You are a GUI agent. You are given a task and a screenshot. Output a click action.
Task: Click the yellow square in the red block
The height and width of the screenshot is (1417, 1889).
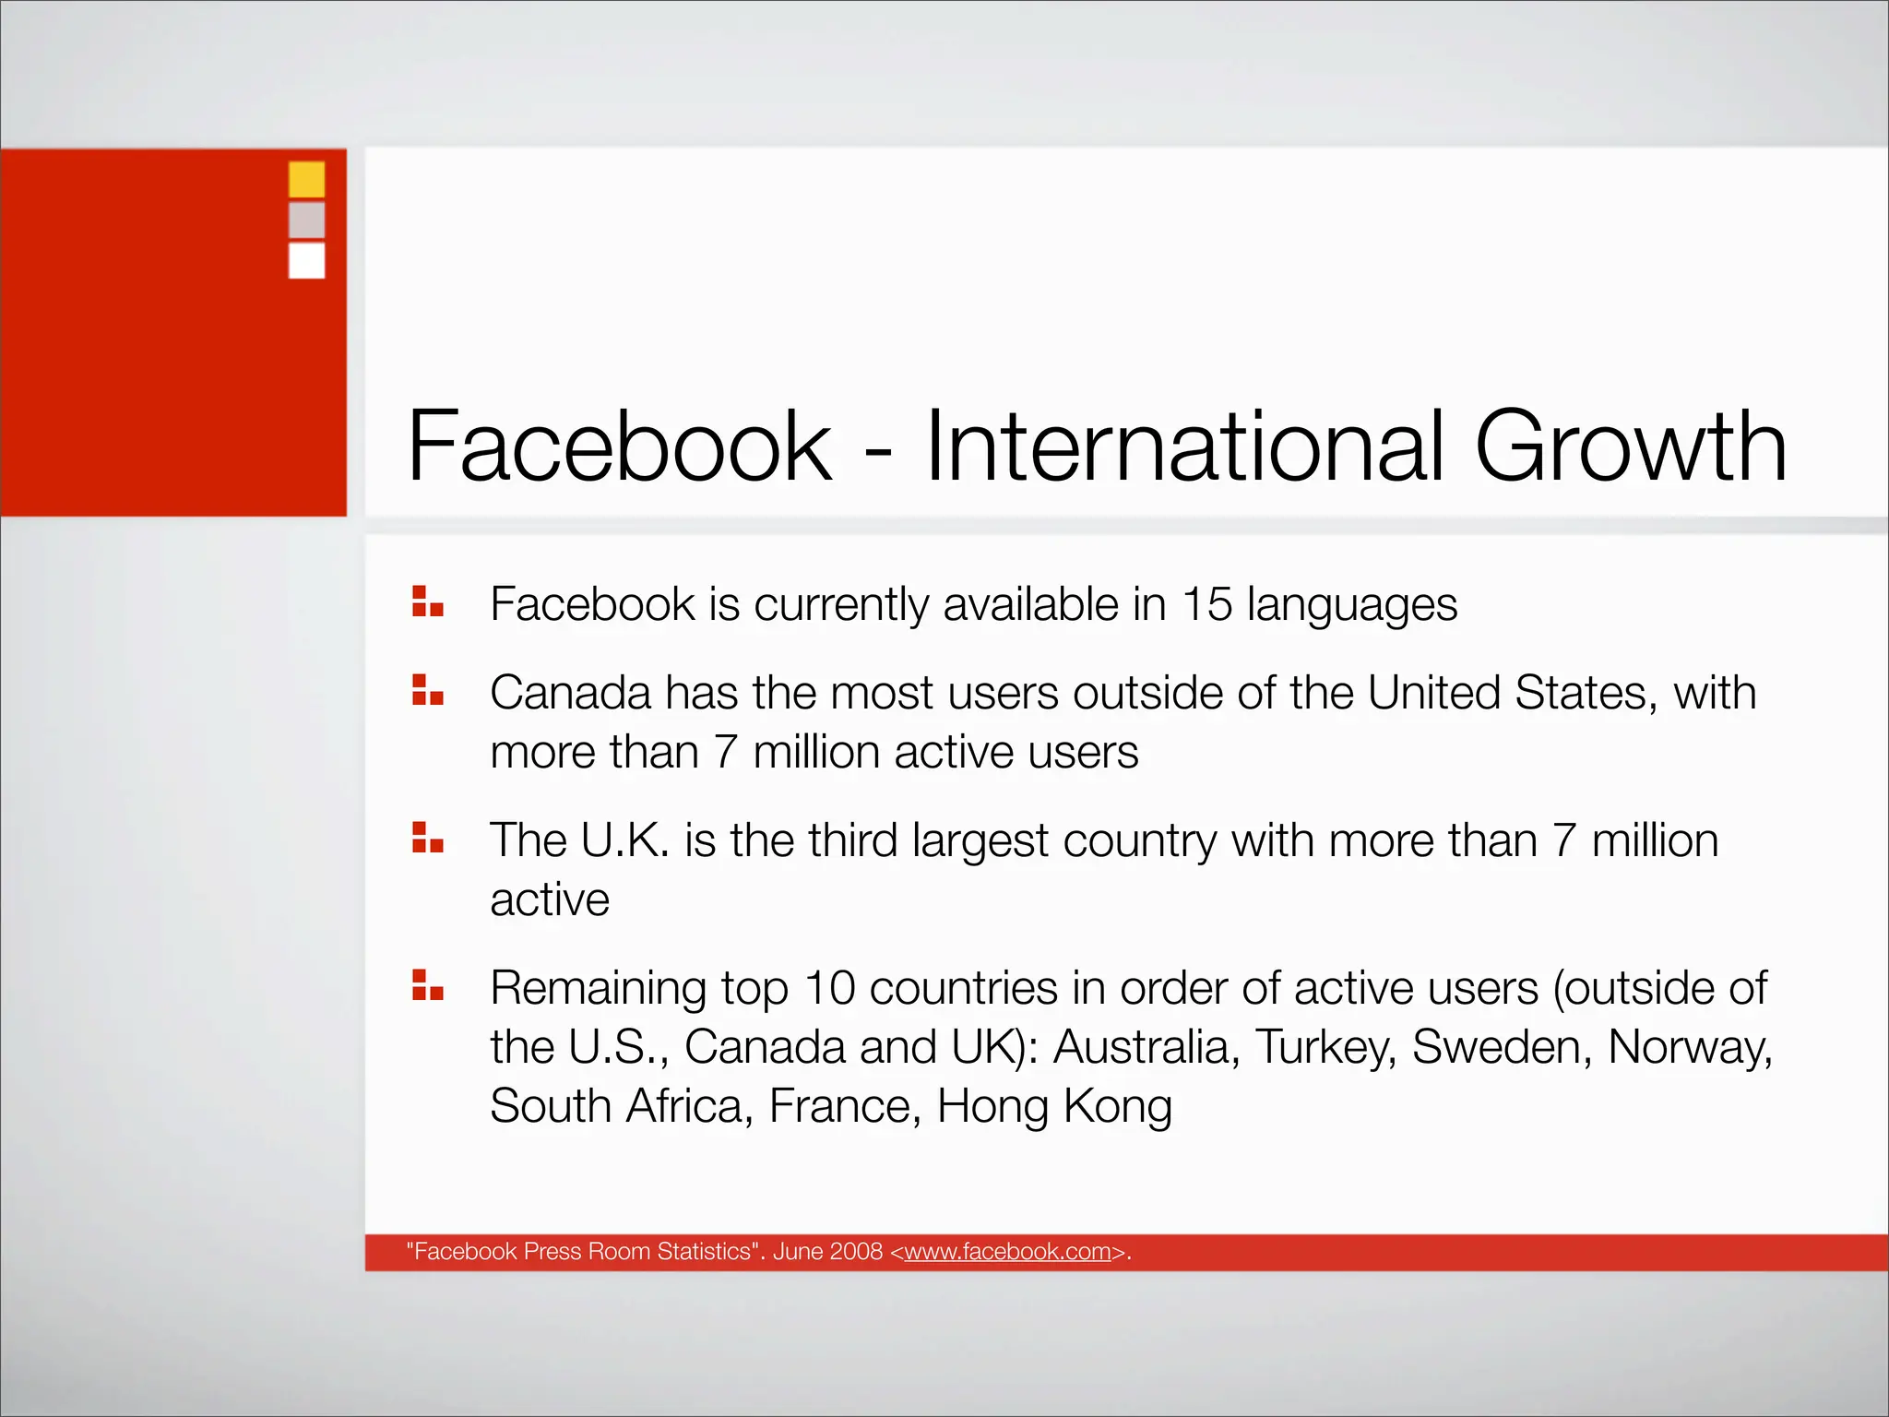[x=306, y=179]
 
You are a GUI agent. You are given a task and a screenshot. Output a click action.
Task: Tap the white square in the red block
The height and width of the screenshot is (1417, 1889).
[x=306, y=260]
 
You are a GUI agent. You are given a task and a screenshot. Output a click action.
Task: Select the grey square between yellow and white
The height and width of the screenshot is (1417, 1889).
[x=306, y=220]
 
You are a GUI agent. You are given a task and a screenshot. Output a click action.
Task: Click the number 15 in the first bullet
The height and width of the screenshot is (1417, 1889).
[x=1206, y=604]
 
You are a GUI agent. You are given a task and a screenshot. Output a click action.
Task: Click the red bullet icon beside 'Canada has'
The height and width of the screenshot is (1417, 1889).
[x=428, y=689]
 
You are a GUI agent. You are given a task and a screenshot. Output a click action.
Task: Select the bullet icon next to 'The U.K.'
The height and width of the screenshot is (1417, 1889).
[x=428, y=837]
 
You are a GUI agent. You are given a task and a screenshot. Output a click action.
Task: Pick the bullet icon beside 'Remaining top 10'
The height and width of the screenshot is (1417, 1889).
[x=428, y=984]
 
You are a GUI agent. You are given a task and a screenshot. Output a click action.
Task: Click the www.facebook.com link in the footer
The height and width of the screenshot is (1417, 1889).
[x=1007, y=1251]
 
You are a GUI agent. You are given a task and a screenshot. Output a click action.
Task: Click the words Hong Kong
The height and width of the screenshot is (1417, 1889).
[x=1054, y=1106]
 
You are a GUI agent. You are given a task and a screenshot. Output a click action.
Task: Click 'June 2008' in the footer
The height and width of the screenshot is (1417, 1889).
[x=827, y=1251]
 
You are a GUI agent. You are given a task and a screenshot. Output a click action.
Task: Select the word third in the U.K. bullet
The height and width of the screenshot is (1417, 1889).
[x=852, y=840]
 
